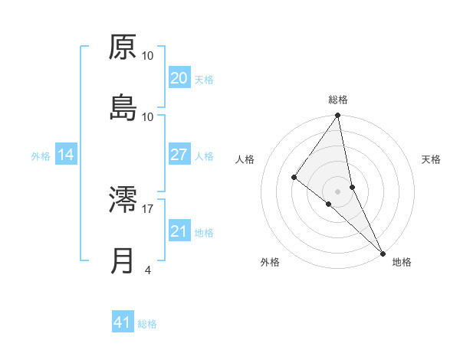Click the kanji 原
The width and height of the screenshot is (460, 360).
pos(123,47)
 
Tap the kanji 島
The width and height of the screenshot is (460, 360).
pos(123,106)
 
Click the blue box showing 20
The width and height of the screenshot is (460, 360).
pos(179,78)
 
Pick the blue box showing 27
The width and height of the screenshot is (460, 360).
pos(179,155)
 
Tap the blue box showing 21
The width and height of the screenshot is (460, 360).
pos(179,231)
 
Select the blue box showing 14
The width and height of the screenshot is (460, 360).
pos(66,155)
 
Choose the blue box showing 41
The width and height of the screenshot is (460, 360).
pos(123,322)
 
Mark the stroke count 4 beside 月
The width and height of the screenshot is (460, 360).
pos(147,270)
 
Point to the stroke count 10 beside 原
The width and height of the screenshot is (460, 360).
pos(148,55)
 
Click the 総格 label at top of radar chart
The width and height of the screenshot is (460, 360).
pos(338,100)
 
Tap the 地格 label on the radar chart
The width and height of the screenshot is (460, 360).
pos(402,262)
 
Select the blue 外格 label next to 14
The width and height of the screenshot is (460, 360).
pos(41,156)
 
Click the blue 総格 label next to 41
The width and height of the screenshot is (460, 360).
pos(147,324)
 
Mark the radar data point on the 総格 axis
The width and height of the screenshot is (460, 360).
pos(338,116)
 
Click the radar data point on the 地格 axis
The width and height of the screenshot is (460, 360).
pos(383,252)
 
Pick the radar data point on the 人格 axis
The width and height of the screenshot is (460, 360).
pos(294,177)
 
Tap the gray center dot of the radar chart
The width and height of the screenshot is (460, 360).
pos(338,191)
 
